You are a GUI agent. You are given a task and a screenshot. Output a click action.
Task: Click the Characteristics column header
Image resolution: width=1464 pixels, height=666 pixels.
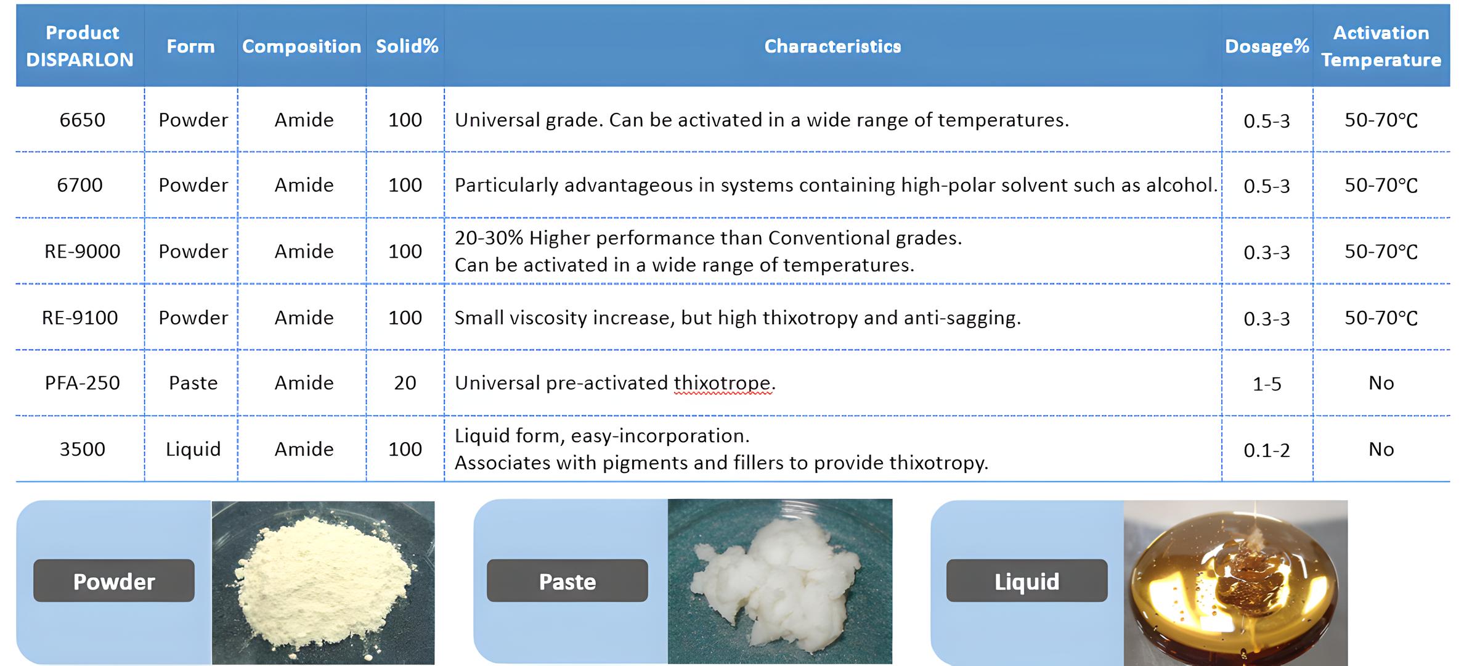tap(832, 46)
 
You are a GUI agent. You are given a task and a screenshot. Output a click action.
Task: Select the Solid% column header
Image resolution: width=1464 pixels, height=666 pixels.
tap(407, 46)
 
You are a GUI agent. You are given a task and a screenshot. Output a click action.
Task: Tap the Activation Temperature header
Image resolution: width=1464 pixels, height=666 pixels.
tap(1381, 46)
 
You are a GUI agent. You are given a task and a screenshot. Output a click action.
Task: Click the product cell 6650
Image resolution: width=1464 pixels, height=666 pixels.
tap(82, 120)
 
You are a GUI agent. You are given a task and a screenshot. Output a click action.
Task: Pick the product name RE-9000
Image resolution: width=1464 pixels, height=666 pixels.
tap(82, 252)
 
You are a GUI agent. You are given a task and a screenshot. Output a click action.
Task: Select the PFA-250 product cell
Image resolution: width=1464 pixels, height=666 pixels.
tap(82, 383)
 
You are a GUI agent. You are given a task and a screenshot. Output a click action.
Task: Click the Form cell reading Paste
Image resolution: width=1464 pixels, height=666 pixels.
tap(193, 383)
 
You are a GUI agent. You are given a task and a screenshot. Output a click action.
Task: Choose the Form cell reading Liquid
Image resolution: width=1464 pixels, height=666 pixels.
tap(193, 450)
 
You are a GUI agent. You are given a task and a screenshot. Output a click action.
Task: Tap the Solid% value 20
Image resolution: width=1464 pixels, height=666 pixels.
tap(405, 383)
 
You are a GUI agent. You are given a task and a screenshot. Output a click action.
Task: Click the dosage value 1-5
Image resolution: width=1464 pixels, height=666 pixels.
tap(1266, 384)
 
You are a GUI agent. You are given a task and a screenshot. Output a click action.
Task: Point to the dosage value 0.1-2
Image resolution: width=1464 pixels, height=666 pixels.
tap(1266, 451)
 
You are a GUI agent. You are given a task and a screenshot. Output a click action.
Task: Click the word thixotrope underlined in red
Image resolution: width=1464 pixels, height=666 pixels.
tap(722, 383)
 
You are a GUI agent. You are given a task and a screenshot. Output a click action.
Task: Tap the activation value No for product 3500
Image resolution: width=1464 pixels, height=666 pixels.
tap(1381, 450)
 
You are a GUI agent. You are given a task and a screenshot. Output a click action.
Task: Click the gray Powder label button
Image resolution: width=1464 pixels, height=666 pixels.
tap(114, 581)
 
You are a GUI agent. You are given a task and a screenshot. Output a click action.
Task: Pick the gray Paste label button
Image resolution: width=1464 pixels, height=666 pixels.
tap(567, 581)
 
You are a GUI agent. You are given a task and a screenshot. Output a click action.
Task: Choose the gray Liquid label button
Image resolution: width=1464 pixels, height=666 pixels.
tap(1027, 581)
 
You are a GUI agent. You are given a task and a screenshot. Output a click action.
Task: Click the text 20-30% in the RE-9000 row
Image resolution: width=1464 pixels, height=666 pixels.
tap(489, 238)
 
